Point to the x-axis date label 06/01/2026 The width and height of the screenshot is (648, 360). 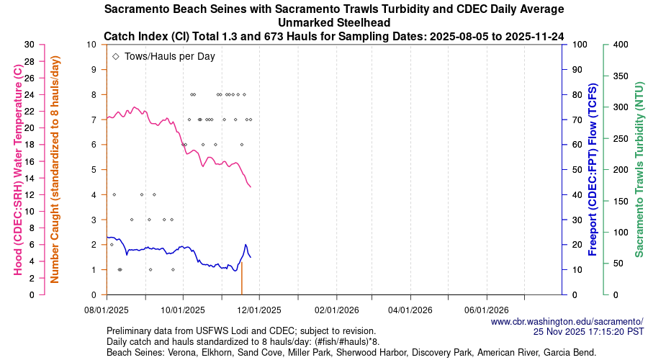click(487, 310)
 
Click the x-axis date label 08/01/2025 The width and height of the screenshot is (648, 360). click(107, 310)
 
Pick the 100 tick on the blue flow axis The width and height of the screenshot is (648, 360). click(578, 45)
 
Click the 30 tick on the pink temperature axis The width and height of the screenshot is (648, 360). click(29, 45)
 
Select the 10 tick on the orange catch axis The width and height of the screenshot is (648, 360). click(91, 45)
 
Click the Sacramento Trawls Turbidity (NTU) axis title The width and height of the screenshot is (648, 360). click(639, 169)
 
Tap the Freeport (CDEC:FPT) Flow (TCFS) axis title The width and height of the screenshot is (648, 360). click(593, 169)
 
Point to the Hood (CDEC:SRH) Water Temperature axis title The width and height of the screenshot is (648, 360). click(16, 169)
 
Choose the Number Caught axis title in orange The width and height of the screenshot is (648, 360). click(55, 169)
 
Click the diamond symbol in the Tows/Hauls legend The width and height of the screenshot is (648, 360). click(116, 56)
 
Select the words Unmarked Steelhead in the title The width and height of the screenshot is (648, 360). click(334, 22)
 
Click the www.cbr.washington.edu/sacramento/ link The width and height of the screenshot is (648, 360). click(567, 322)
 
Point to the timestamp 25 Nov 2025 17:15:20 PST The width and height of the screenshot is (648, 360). click(588, 332)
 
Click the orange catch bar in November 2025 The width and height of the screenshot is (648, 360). click(241, 279)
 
